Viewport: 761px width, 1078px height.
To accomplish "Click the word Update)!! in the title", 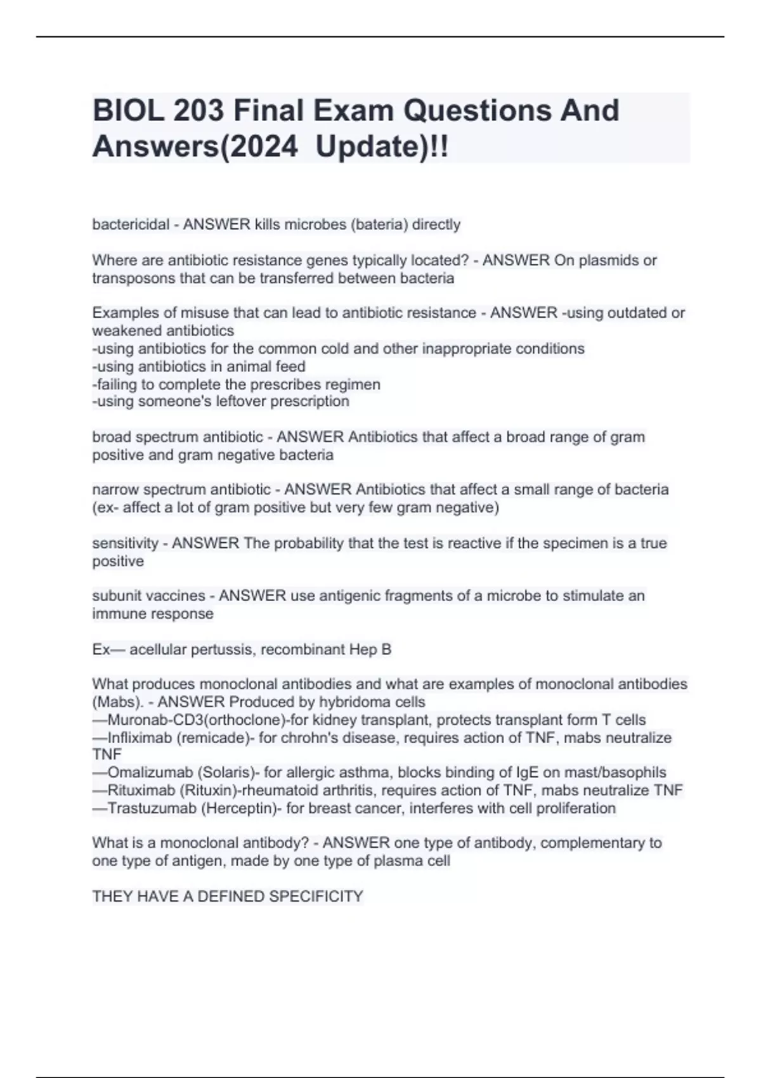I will pyautogui.click(x=382, y=147).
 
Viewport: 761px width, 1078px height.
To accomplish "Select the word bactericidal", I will pyautogui.click(x=131, y=224).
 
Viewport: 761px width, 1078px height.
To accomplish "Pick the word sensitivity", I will pyautogui.click(x=125, y=543).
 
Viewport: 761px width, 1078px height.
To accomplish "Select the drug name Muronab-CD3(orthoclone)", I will pyautogui.click(x=198, y=720).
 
